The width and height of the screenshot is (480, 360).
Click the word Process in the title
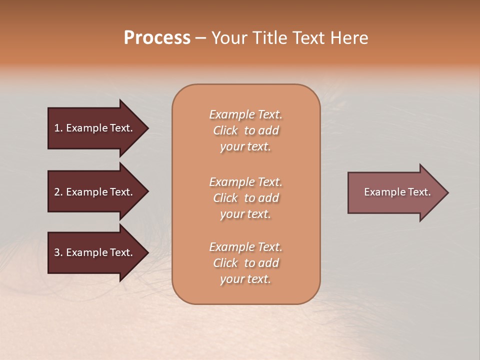157,38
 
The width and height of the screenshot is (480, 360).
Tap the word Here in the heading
348,38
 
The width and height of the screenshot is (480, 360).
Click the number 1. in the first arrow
58,128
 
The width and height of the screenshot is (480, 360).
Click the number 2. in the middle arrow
58,192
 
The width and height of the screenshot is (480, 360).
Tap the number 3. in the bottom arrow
58,252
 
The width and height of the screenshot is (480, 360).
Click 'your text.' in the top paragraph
245,147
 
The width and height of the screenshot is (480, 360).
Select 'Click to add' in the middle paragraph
245,198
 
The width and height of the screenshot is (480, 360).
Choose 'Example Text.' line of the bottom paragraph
245,247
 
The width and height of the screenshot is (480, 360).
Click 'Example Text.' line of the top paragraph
245,114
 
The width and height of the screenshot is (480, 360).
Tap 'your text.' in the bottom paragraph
245,279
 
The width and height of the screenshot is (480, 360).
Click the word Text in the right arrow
419,192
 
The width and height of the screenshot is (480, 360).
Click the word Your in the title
230,38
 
